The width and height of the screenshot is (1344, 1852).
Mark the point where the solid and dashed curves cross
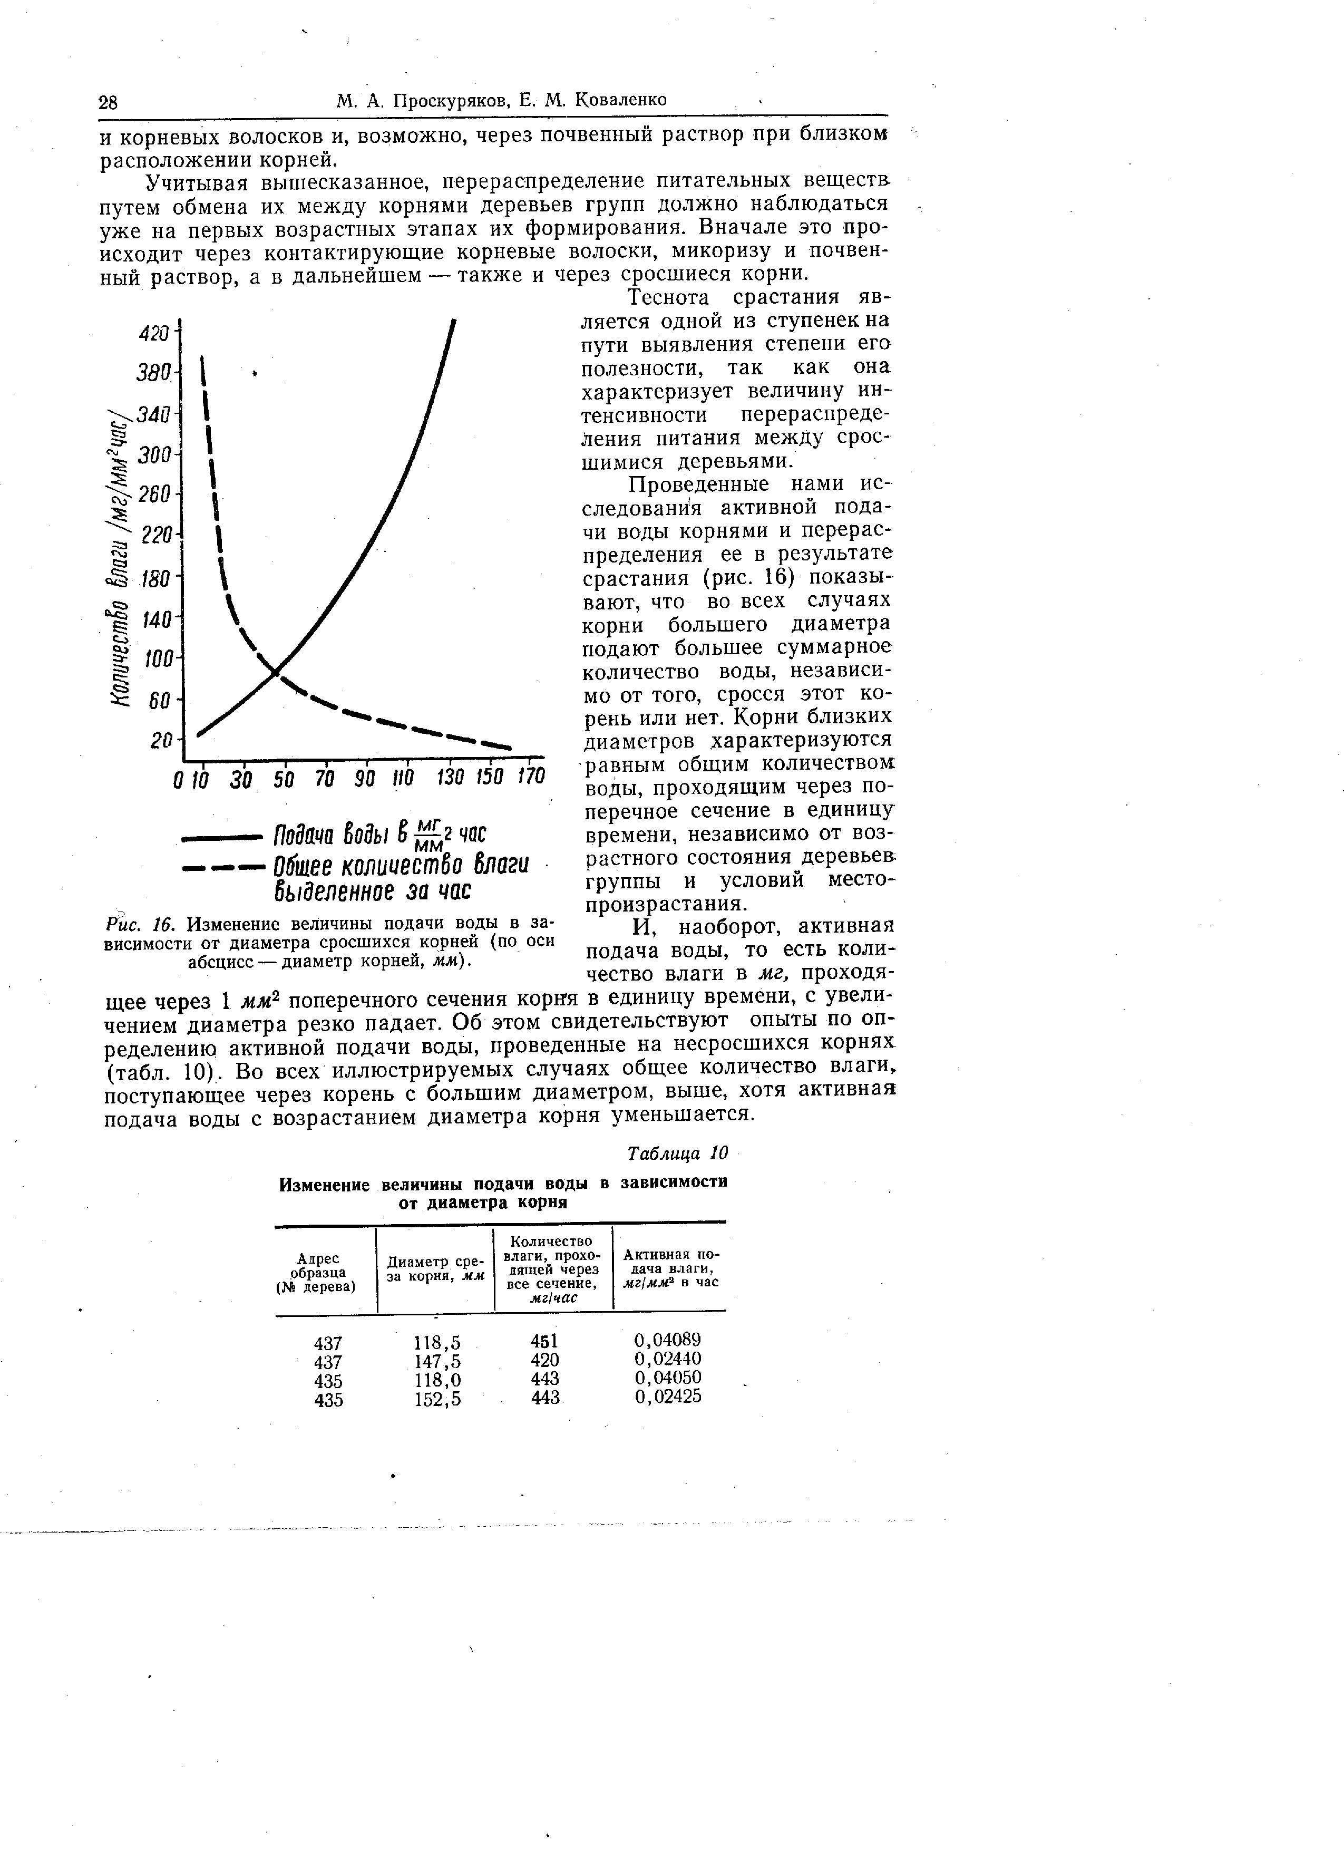tap(277, 671)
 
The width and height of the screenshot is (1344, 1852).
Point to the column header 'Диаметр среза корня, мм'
tap(435, 1268)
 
